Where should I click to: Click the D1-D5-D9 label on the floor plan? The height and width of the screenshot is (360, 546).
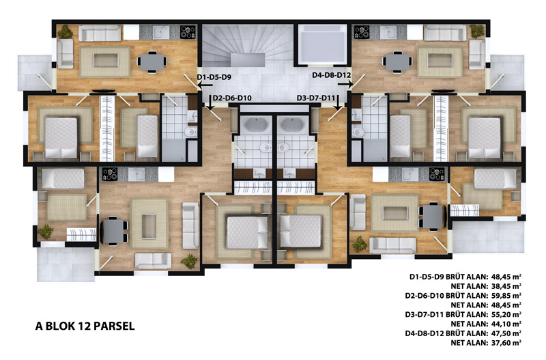coord(214,77)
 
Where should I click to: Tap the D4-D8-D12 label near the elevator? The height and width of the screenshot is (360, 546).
coord(332,75)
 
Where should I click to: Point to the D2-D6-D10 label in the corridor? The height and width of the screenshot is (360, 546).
coord(232,98)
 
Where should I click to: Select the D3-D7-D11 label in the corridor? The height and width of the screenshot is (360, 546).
coord(316,98)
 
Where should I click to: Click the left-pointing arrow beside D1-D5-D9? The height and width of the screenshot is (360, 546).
coord(205,85)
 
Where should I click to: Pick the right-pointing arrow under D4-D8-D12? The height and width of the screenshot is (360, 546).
coord(345,84)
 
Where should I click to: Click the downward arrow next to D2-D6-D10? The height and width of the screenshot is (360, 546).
coord(210,102)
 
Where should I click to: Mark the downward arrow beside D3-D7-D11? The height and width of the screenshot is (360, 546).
coord(338,102)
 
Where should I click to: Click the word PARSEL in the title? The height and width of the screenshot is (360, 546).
coord(114,327)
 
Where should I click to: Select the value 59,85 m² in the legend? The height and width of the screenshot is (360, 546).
coord(506,296)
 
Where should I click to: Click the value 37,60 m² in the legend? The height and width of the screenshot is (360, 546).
coord(506,342)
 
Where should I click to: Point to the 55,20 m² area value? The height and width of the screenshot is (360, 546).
coord(506,314)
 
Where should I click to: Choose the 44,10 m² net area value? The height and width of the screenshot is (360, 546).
coord(506,324)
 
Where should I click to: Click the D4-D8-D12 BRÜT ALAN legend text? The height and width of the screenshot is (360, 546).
coord(446,333)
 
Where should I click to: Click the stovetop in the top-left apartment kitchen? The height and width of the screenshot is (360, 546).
coord(188,32)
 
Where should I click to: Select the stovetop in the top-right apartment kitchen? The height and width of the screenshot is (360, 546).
coord(362,32)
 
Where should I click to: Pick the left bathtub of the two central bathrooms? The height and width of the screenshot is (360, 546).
coord(256,125)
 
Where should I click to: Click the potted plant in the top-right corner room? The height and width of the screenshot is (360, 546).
coord(477,31)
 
